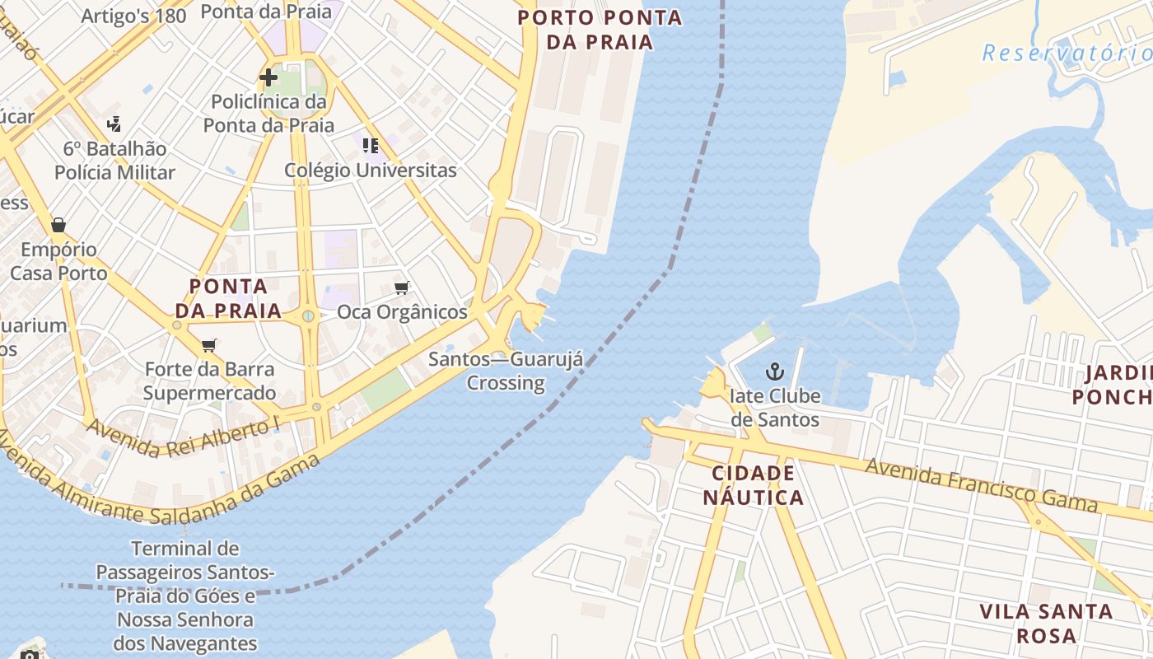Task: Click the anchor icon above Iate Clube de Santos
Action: coord(774,372)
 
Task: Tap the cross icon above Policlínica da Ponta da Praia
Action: coord(268,77)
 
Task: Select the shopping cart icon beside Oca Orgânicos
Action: coord(402,287)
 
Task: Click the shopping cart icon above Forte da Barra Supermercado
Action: coord(209,345)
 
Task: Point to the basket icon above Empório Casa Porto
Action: coord(58,225)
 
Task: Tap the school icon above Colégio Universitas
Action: coord(371,146)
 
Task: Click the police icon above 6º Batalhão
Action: coord(114,124)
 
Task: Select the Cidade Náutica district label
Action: coord(754,485)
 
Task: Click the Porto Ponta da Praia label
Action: coord(600,30)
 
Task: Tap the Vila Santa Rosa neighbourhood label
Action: coord(1046,624)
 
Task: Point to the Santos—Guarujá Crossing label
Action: coord(506,371)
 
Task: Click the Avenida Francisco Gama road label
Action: coord(981,484)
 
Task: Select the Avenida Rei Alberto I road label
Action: coord(183,440)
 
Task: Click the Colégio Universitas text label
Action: coord(370,171)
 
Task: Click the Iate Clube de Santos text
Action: coord(775,408)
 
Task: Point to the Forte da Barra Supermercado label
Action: coord(209,381)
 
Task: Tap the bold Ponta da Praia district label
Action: coord(228,298)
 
